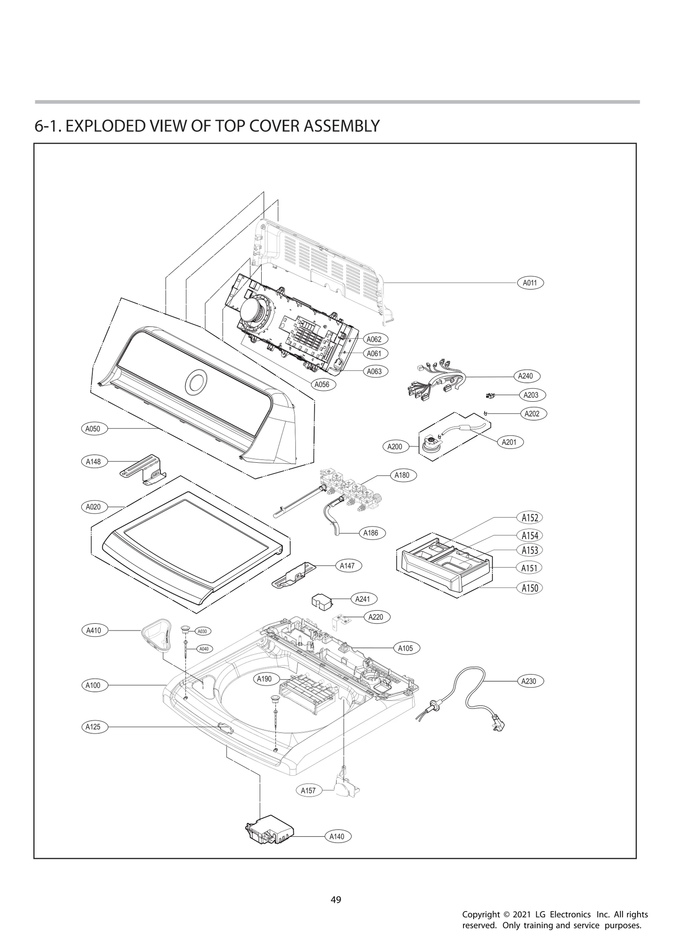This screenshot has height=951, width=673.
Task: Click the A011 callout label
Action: click(530, 283)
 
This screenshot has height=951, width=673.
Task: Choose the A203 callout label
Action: click(531, 395)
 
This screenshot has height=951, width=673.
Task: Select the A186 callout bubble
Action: click(371, 533)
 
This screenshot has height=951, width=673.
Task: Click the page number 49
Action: click(336, 900)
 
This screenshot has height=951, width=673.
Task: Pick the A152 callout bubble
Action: click(530, 518)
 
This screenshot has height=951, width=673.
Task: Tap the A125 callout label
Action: click(93, 727)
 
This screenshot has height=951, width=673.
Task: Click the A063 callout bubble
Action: click(374, 371)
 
